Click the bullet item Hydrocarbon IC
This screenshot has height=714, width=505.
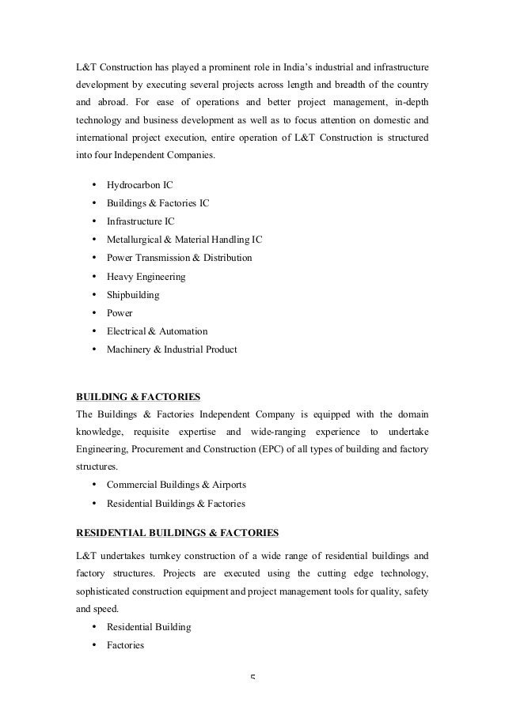[x=139, y=185]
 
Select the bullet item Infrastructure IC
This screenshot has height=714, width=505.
[x=140, y=221]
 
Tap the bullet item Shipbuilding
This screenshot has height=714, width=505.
[x=132, y=295]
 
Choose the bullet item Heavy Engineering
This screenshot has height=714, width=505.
[x=146, y=277]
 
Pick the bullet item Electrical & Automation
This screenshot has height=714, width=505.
[x=157, y=331]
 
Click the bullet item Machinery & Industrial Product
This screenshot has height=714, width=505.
[x=171, y=349]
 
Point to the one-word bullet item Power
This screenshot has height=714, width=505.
[x=120, y=313]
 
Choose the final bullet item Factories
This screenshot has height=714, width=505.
[x=125, y=645]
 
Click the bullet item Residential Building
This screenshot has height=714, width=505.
[x=149, y=627]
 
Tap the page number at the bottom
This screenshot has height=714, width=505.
[x=252, y=678]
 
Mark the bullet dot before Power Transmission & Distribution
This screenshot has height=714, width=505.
[x=94, y=258]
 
